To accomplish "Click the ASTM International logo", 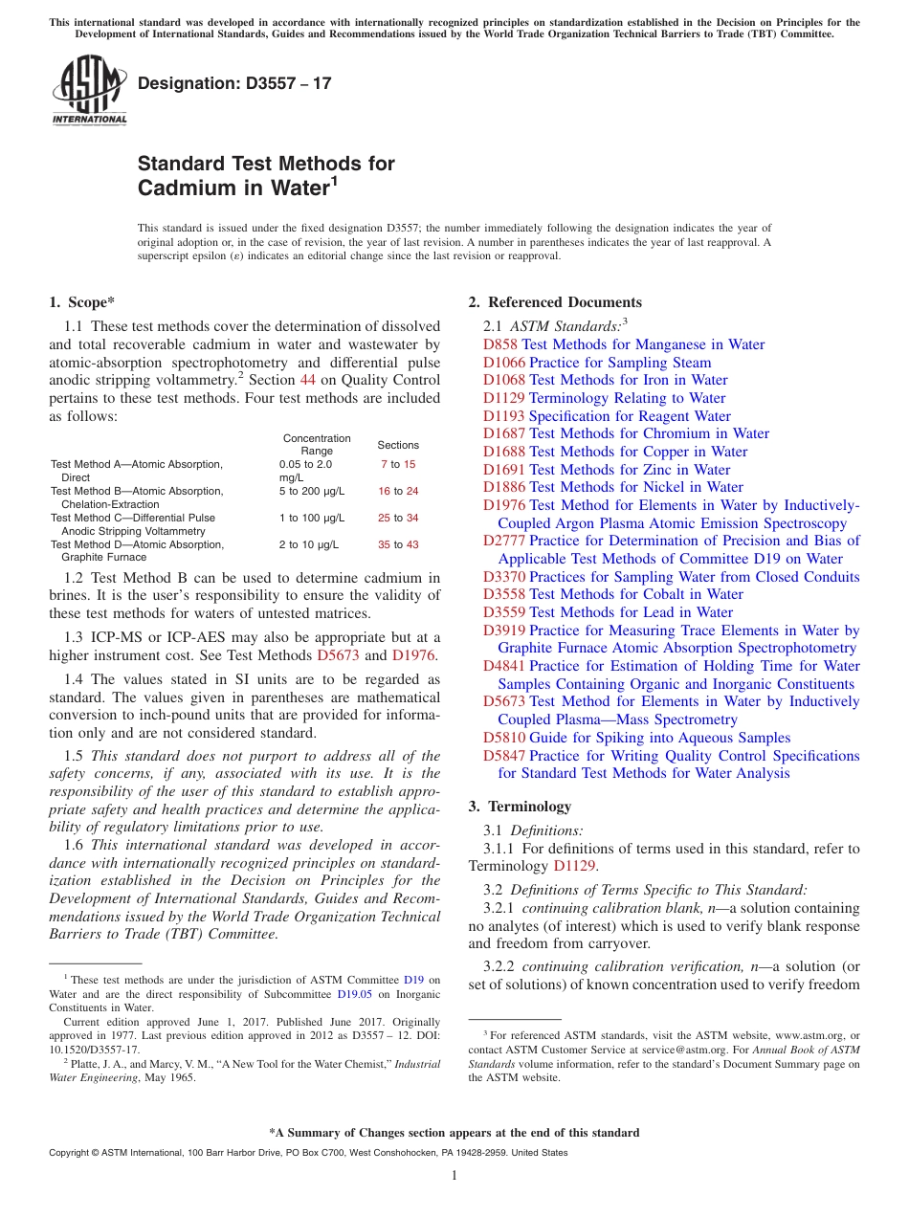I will click(89, 92).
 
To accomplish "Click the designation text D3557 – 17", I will click(234, 83).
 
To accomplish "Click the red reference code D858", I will click(500, 344).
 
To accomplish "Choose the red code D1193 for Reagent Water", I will click(504, 416).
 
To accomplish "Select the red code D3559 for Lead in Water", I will click(504, 612).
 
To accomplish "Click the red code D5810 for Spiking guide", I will click(504, 738).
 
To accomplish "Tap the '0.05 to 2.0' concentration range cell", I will click(305, 464).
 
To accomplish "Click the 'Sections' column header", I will click(398, 445).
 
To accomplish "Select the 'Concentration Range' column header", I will click(317, 444).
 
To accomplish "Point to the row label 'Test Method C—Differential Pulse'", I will click(132, 518).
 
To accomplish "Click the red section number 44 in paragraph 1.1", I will click(308, 381).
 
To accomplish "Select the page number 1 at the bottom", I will click(454, 1176).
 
